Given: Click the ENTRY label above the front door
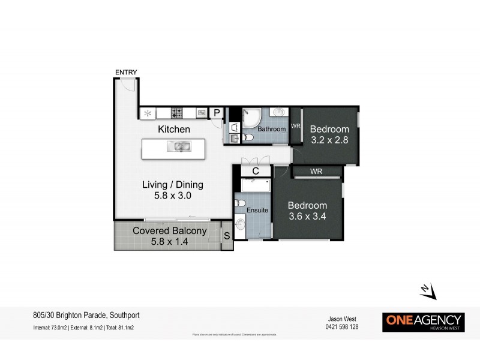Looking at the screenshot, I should point(126,73).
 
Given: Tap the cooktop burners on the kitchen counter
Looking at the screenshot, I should point(176,112).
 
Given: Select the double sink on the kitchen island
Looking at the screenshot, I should point(180,146).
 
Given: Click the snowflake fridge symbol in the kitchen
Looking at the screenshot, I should point(148,112).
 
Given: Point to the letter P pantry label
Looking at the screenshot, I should point(217,112).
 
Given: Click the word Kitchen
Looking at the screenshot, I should point(174,129).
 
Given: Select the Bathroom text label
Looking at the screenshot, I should point(271,129).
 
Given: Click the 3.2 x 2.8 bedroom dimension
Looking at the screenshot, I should point(329,140).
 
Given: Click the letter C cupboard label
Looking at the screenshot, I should point(255,171).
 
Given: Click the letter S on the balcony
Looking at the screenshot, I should point(226,236).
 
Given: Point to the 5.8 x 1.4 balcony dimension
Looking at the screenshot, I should point(169,242).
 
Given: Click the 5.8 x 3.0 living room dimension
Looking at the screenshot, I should point(172,196).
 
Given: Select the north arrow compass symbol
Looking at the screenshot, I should point(427,291).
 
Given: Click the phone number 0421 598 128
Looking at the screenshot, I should point(343,327).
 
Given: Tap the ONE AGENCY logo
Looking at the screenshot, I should point(423,322).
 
